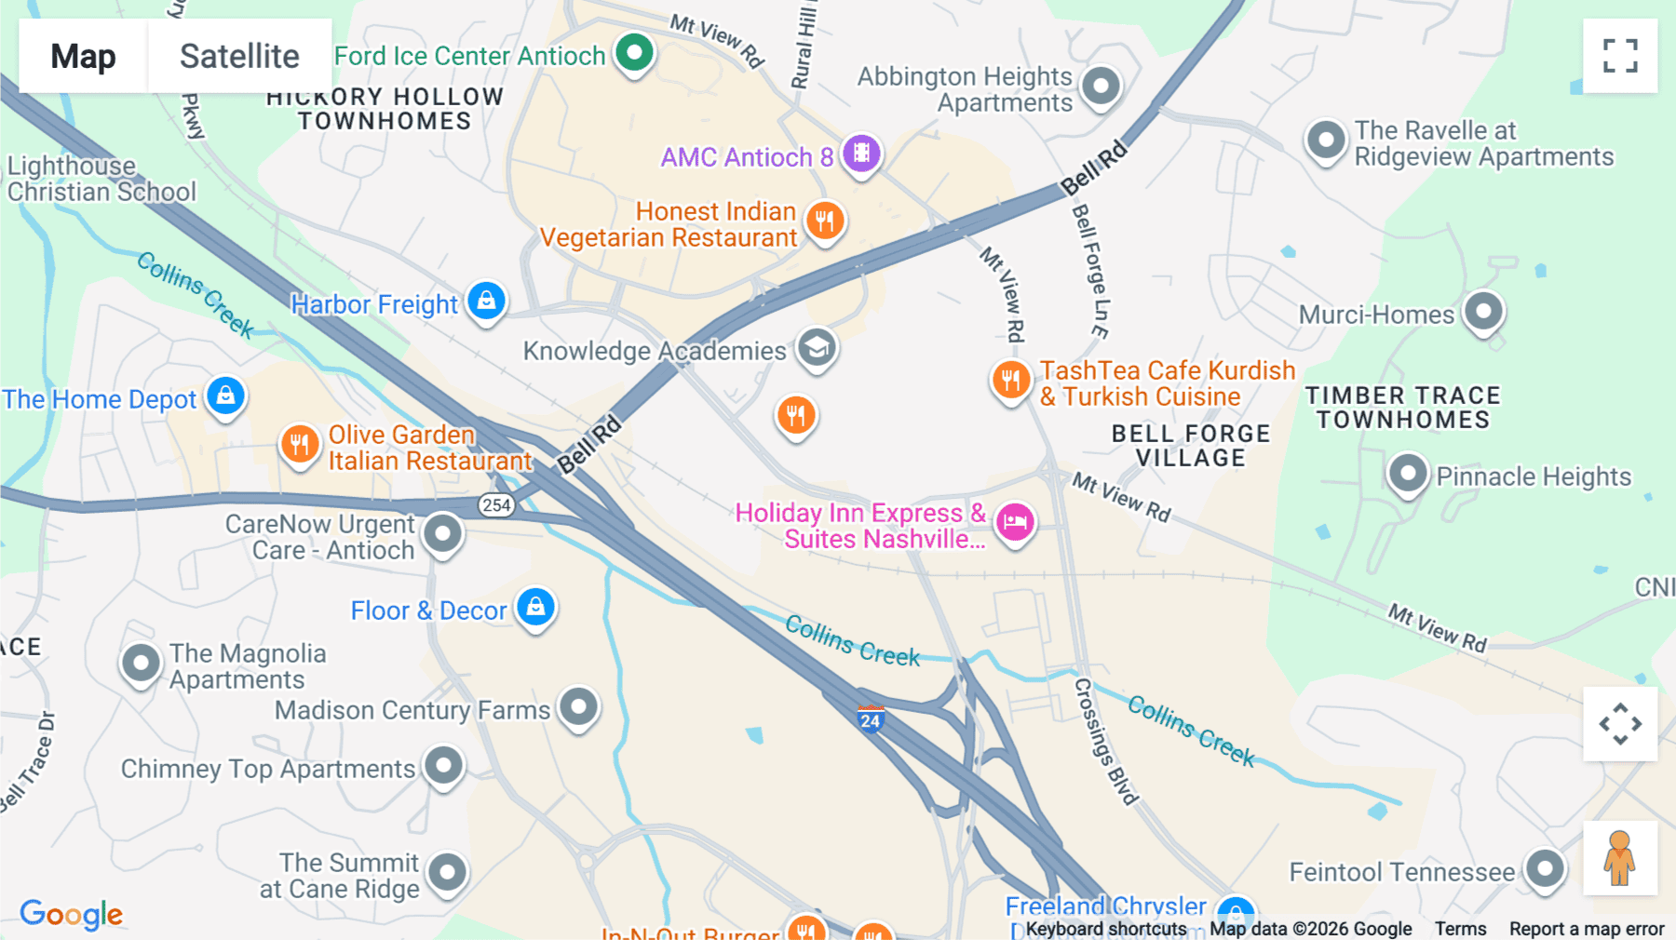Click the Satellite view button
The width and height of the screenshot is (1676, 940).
pos(239,56)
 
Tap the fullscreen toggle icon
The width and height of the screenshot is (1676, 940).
pos(1620,56)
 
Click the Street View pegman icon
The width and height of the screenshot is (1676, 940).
pos(1619,858)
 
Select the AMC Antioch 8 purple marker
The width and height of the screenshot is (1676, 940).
pos(861,154)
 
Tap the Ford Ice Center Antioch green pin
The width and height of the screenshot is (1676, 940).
pos(635,53)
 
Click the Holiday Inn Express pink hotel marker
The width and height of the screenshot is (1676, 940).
pos(1015,522)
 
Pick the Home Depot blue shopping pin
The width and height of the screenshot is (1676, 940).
pos(225,396)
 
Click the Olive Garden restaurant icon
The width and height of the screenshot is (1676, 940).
pos(299,444)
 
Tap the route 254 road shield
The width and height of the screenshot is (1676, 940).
pos(496,505)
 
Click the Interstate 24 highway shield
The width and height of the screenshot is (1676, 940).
pos(871,719)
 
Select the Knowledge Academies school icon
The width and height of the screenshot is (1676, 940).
pos(817,349)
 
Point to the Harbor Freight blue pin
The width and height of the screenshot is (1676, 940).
pos(486,302)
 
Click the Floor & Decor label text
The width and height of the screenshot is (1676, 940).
pos(428,611)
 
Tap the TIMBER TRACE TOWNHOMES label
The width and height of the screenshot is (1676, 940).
pos(1402,408)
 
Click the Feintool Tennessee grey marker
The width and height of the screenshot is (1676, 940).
pos(1545,869)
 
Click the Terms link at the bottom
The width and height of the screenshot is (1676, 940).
pos(1460,929)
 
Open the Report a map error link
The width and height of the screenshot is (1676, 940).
pos(1586,929)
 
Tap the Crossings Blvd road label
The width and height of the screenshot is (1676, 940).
pos(1105,741)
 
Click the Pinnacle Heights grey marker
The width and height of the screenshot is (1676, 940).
pos(1408,474)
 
